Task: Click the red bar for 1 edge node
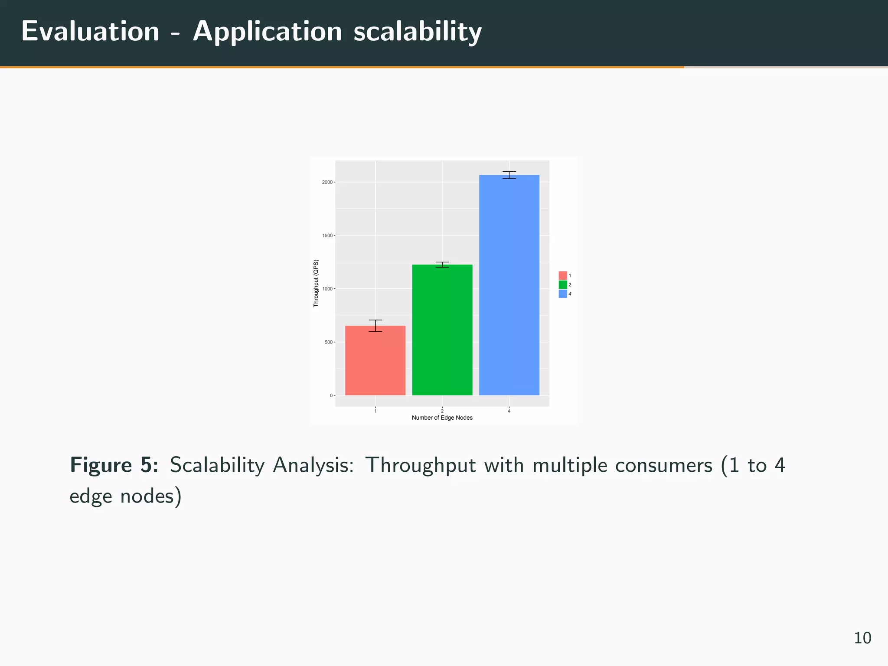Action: (x=375, y=360)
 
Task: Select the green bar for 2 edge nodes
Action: (x=442, y=330)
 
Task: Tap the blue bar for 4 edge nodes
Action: (x=509, y=285)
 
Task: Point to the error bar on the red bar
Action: (x=375, y=326)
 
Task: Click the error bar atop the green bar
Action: (x=442, y=264)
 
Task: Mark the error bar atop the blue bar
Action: (x=509, y=175)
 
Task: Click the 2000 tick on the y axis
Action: (x=327, y=183)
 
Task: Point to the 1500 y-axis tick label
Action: (x=327, y=236)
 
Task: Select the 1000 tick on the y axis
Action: (x=327, y=289)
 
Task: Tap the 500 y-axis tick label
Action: (x=329, y=343)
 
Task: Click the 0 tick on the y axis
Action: (x=331, y=395)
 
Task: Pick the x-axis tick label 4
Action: (x=509, y=411)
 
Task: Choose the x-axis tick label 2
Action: (x=442, y=411)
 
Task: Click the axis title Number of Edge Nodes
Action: (x=442, y=418)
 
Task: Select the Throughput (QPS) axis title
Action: (x=316, y=283)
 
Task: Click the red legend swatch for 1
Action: (x=563, y=275)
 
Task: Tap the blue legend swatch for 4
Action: (x=563, y=294)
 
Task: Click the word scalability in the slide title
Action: (x=417, y=32)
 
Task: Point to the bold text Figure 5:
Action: (x=114, y=465)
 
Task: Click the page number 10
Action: (x=862, y=638)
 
